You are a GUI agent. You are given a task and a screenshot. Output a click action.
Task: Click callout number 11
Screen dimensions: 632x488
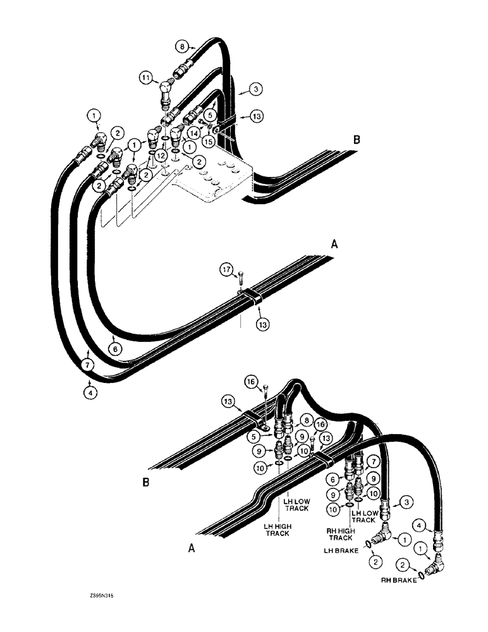[145, 78]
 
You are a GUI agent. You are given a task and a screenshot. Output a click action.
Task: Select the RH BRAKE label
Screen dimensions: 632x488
[397, 580]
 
